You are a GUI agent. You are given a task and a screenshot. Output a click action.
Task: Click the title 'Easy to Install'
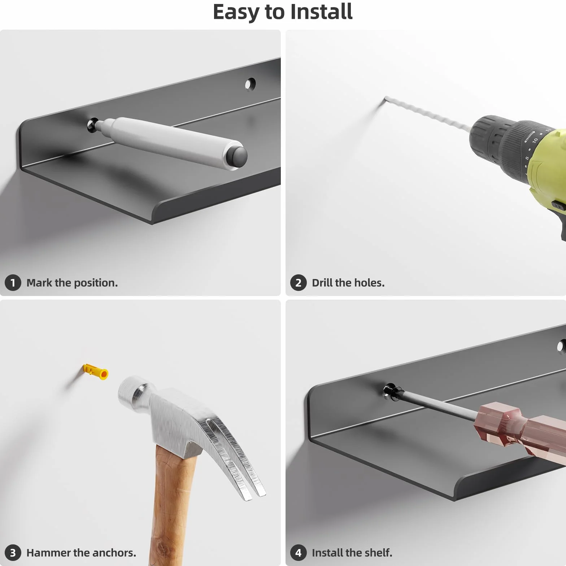[283, 12]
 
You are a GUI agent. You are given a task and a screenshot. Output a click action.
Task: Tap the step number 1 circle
[13, 283]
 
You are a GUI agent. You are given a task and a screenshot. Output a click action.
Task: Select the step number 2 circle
[298, 283]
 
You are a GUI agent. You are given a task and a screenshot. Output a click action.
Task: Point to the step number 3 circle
[13, 553]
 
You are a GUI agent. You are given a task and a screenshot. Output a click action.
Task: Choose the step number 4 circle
[298, 553]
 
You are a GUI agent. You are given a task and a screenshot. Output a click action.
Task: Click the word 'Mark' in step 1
[39, 283]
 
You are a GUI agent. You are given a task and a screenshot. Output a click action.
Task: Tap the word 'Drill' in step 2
[322, 283]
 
